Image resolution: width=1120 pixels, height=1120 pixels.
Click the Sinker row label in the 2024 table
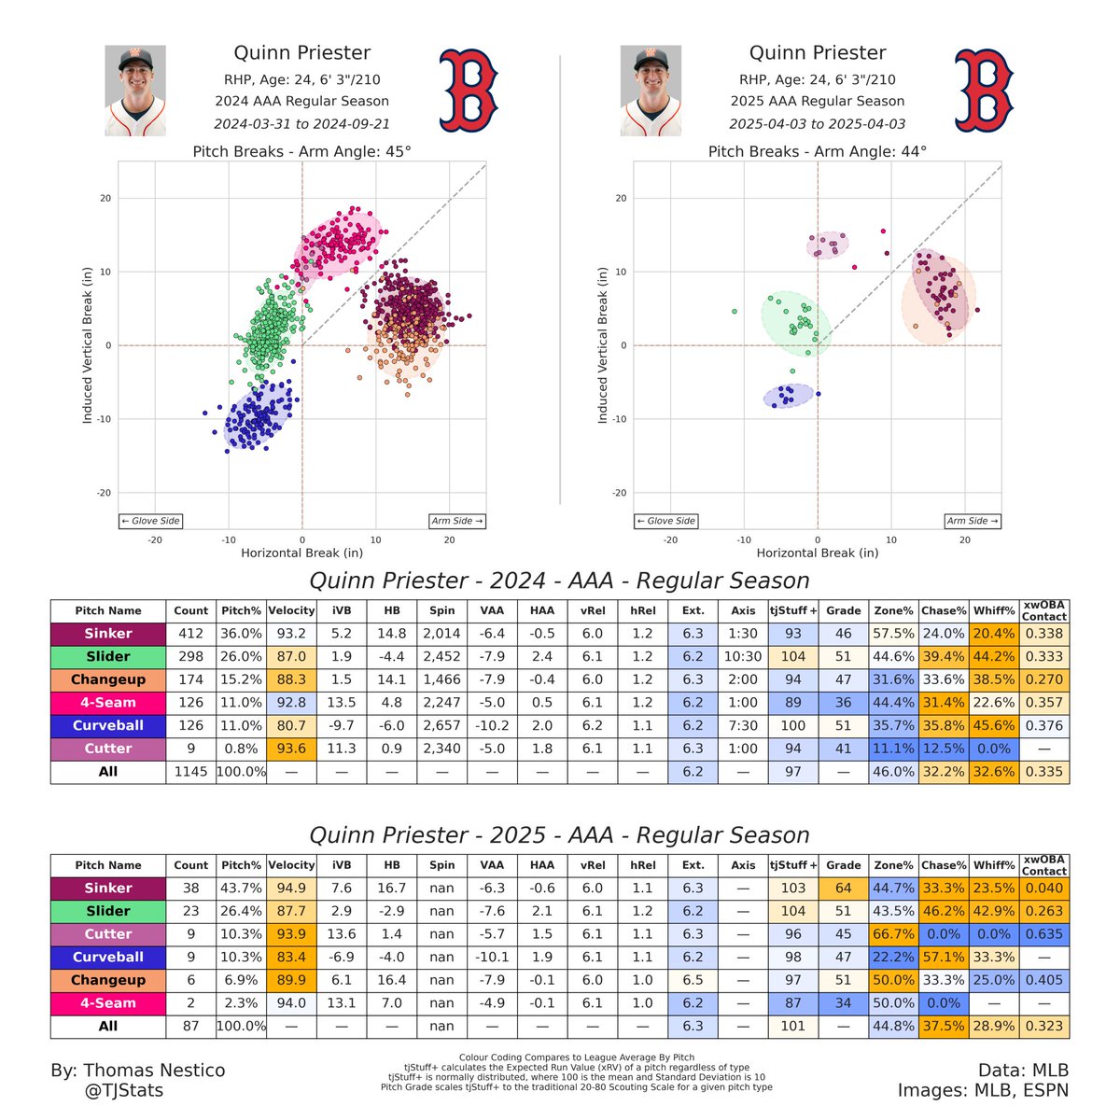pyautogui.click(x=108, y=634)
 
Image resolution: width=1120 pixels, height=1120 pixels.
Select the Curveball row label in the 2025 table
pyautogui.click(x=108, y=957)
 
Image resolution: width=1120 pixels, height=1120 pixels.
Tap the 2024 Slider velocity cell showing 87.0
pyautogui.click(x=291, y=657)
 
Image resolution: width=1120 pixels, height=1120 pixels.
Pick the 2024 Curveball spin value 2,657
pyautogui.click(x=442, y=725)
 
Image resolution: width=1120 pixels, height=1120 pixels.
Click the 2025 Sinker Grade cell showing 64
pyautogui.click(x=843, y=889)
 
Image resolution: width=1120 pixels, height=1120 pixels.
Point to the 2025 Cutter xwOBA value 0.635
pyautogui.click(x=1044, y=934)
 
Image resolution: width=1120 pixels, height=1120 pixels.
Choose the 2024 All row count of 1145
pyautogui.click(x=191, y=772)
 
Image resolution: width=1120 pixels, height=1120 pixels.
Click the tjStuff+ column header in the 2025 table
pyautogui.click(x=793, y=865)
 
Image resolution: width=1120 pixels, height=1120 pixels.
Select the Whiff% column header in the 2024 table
pyautogui.click(x=994, y=611)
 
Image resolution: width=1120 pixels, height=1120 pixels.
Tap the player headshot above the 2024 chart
pyautogui.click(x=135, y=91)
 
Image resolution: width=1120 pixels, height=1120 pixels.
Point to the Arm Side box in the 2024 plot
pyautogui.click(x=457, y=521)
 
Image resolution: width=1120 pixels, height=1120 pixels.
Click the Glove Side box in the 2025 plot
pyautogui.click(x=665, y=521)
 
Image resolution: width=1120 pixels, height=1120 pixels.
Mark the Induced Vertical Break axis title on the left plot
pyautogui.click(x=88, y=345)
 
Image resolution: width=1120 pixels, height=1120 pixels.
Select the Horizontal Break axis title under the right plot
pyautogui.click(x=818, y=553)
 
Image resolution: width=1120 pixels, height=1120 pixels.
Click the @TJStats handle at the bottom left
pyautogui.click(x=123, y=1090)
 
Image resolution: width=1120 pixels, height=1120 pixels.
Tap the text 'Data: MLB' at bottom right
pyautogui.click(x=1023, y=1071)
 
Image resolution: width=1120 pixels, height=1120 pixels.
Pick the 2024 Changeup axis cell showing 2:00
pyautogui.click(x=743, y=679)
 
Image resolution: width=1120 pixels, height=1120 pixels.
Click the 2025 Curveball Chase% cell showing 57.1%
pyautogui.click(x=944, y=957)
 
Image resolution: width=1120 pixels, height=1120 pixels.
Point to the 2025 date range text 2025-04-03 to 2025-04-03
pyautogui.click(x=818, y=123)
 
